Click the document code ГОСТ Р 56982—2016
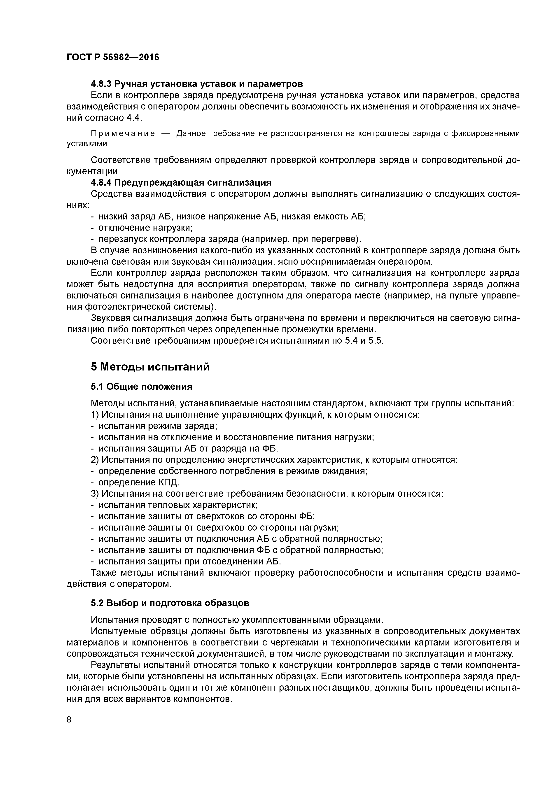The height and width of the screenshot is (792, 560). [x=113, y=57]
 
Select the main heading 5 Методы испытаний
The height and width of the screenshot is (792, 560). [x=150, y=367]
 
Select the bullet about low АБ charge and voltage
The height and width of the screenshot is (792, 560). [x=232, y=216]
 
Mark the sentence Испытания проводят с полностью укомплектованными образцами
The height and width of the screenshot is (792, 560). [x=237, y=620]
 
